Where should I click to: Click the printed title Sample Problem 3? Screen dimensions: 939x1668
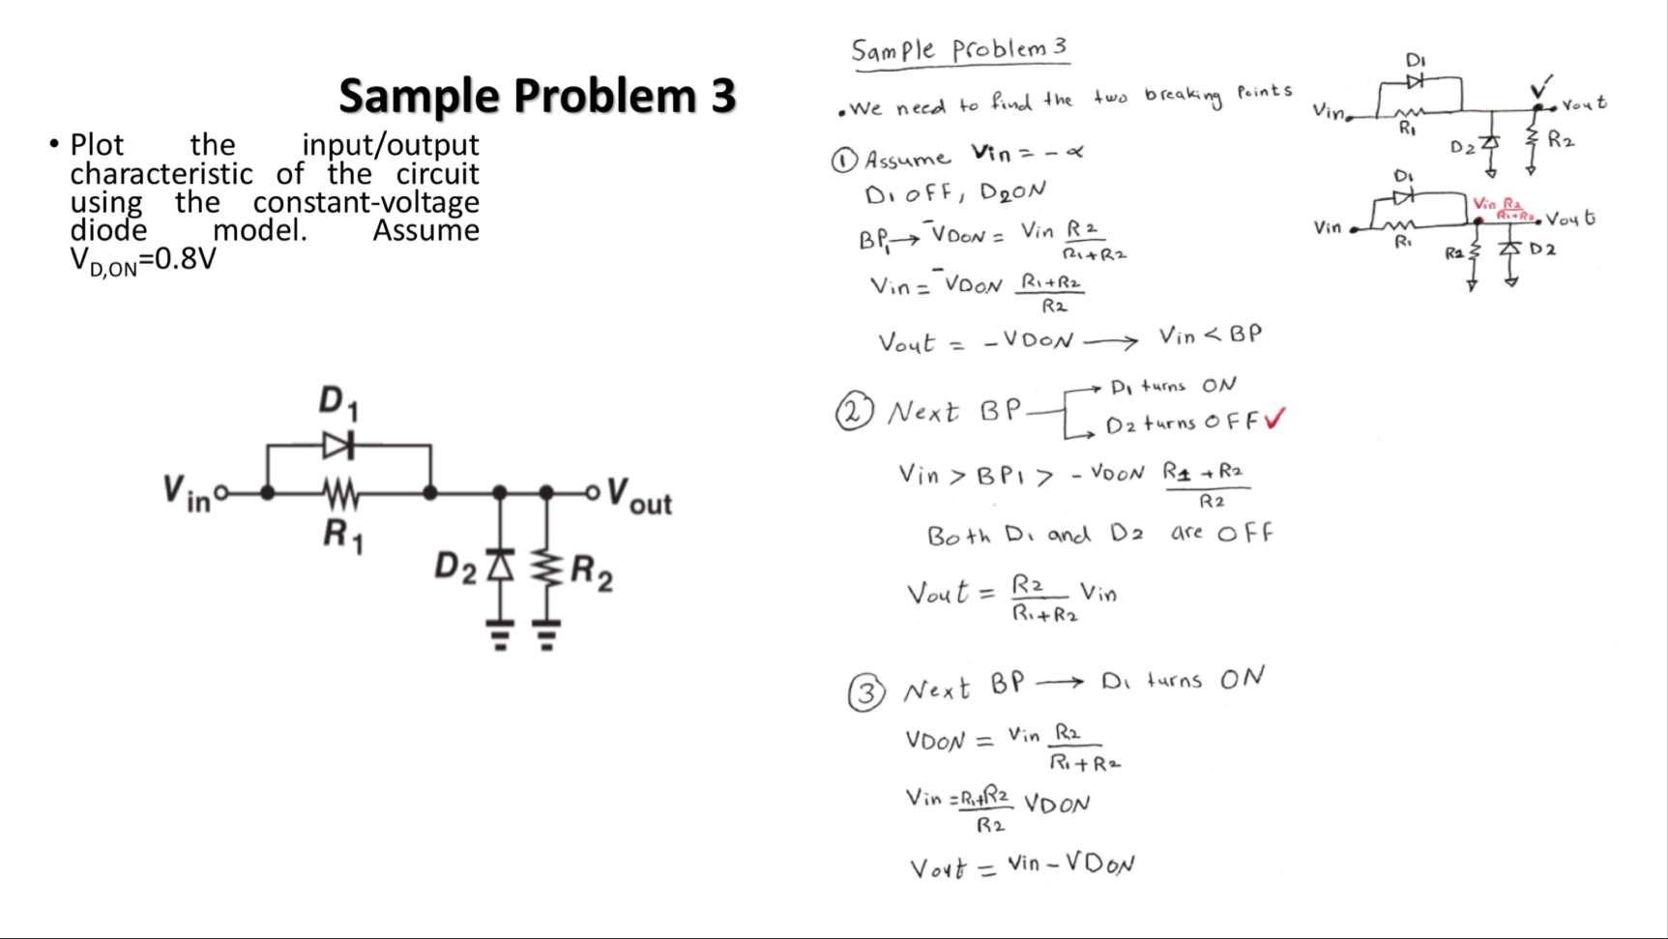click(x=537, y=96)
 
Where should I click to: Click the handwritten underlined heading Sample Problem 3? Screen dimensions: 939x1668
click(x=959, y=49)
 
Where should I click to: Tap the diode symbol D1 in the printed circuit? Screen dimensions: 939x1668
click(x=338, y=446)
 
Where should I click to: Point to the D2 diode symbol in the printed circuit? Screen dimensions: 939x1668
click(x=499, y=564)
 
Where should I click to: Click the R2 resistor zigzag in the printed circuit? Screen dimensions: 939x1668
click(x=546, y=565)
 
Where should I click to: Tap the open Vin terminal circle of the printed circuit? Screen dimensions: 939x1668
click(x=221, y=493)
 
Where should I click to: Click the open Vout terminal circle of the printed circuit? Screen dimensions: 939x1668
click(x=593, y=493)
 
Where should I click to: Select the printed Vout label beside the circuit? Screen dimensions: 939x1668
click(x=639, y=497)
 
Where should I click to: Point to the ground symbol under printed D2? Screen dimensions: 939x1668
click(x=499, y=636)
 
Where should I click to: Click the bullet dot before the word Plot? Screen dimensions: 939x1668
click(x=53, y=145)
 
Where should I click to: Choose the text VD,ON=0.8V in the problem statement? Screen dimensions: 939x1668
click(x=143, y=260)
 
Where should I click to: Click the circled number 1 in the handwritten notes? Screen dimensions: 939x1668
click(x=843, y=161)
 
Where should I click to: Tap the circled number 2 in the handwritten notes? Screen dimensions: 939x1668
click(x=853, y=413)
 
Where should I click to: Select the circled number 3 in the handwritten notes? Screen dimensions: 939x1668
click(x=865, y=692)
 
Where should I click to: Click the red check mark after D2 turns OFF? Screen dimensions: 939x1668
click(x=1275, y=419)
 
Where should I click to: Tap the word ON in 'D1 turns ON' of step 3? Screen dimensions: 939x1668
click(x=1242, y=678)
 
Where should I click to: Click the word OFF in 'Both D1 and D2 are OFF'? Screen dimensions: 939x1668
click(x=1245, y=533)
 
